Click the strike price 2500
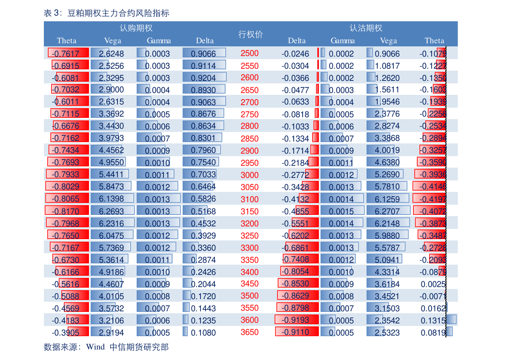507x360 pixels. (249, 53)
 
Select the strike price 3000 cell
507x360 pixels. (249, 175)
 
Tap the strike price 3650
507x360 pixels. (249, 332)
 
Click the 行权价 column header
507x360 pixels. (250, 34)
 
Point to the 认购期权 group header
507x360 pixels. (136, 29)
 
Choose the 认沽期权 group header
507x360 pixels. (366, 29)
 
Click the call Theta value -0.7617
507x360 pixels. (63, 54)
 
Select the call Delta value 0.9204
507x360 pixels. (203, 78)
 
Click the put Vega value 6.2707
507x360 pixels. (387, 211)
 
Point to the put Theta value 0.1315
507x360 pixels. (433, 320)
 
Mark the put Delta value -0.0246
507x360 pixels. (295, 54)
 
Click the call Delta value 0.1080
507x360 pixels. (203, 333)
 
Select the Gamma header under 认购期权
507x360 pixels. (159, 41)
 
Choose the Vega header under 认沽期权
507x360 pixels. (388, 41)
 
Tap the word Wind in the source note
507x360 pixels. (95, 347)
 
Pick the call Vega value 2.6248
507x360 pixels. (111, 54)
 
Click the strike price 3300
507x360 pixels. (249, 248)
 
